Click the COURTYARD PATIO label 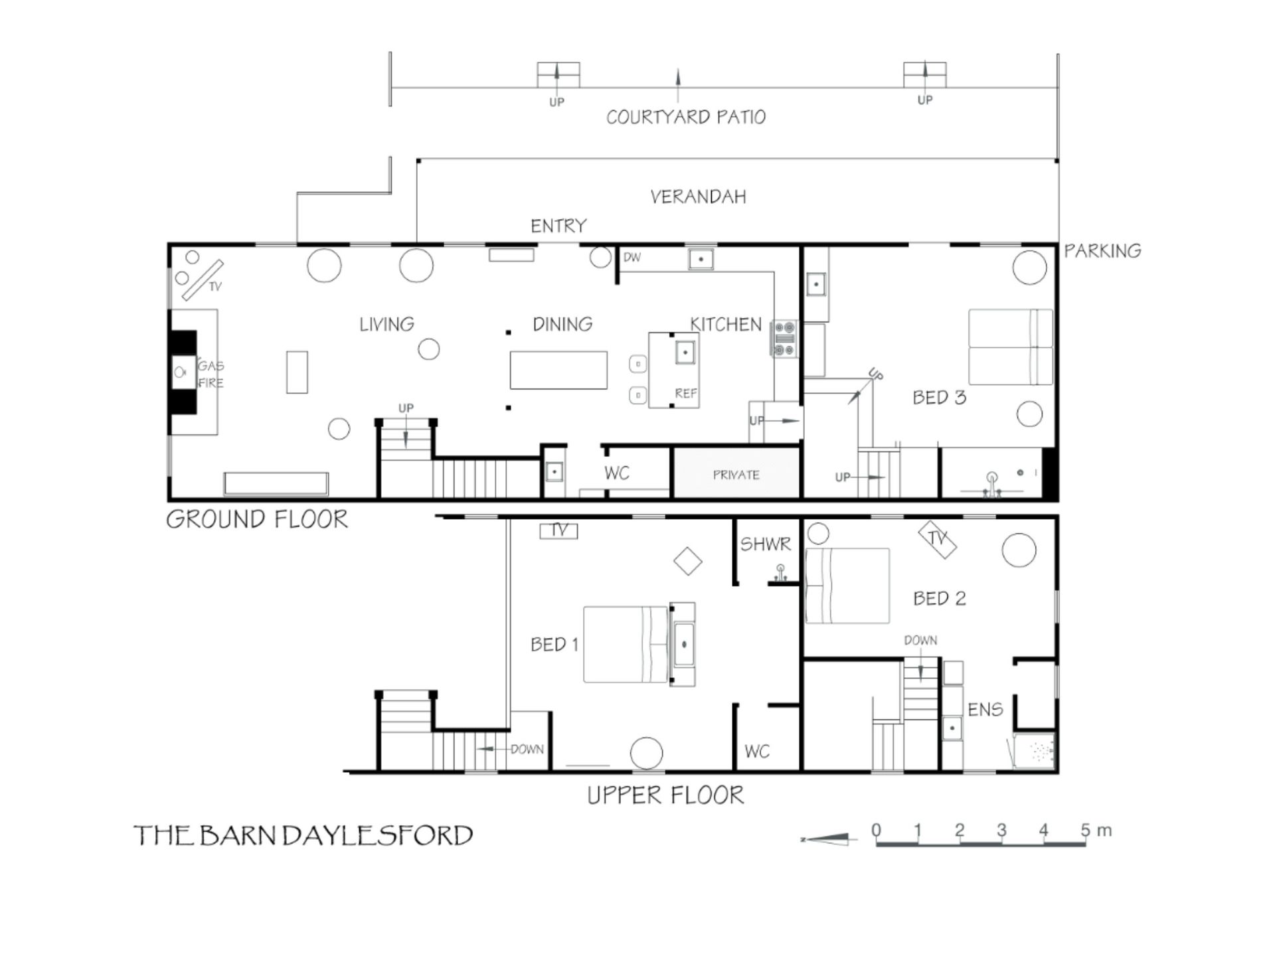point(686,117)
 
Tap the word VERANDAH point(698,197)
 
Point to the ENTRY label point(558,226)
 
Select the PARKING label point(1102,250)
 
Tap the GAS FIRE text point(211,374)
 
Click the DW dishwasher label point(632,257)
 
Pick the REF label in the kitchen point(686,393)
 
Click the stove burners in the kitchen point(784,339)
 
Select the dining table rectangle point(558,370)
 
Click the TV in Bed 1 point(558,530)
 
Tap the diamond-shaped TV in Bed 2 point(937,539)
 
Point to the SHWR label point(766,544)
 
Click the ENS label point(985,710)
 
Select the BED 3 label point(939,397)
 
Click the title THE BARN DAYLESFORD point(303,835)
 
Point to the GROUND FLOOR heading point(257,519)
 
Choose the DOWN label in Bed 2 point(920,640)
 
